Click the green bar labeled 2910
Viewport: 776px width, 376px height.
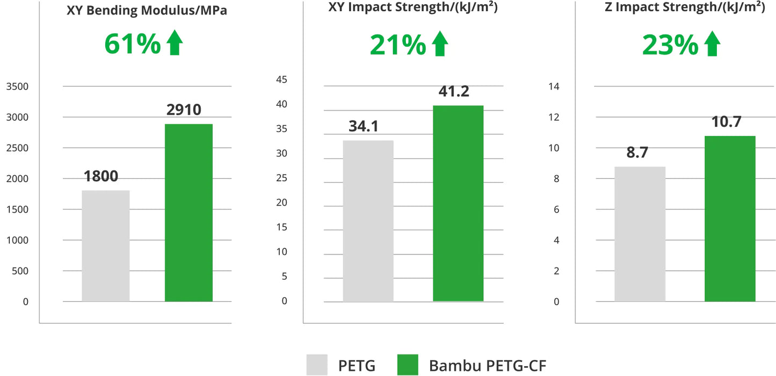coord(188,213)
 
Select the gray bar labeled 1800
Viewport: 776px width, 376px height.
coord(106,245)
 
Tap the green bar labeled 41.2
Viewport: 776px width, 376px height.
coord(458,203)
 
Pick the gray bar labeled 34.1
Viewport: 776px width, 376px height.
coord(368,221)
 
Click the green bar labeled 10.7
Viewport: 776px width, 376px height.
coord(730,219)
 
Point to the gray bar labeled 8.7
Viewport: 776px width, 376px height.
coord(640,234)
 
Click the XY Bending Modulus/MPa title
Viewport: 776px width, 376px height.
coord(147,11)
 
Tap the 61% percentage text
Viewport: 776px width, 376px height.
coord(132,44)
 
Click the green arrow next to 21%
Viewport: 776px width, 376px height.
coord(440,44)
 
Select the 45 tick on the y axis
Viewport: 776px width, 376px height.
coord(281,80)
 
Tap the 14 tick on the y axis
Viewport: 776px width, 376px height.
coord(553,86)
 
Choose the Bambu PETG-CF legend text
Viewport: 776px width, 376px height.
coord(487,366)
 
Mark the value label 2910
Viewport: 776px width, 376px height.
coord(184,110)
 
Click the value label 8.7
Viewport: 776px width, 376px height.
coord(637,153)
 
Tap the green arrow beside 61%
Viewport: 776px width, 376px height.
coord(175,44)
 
